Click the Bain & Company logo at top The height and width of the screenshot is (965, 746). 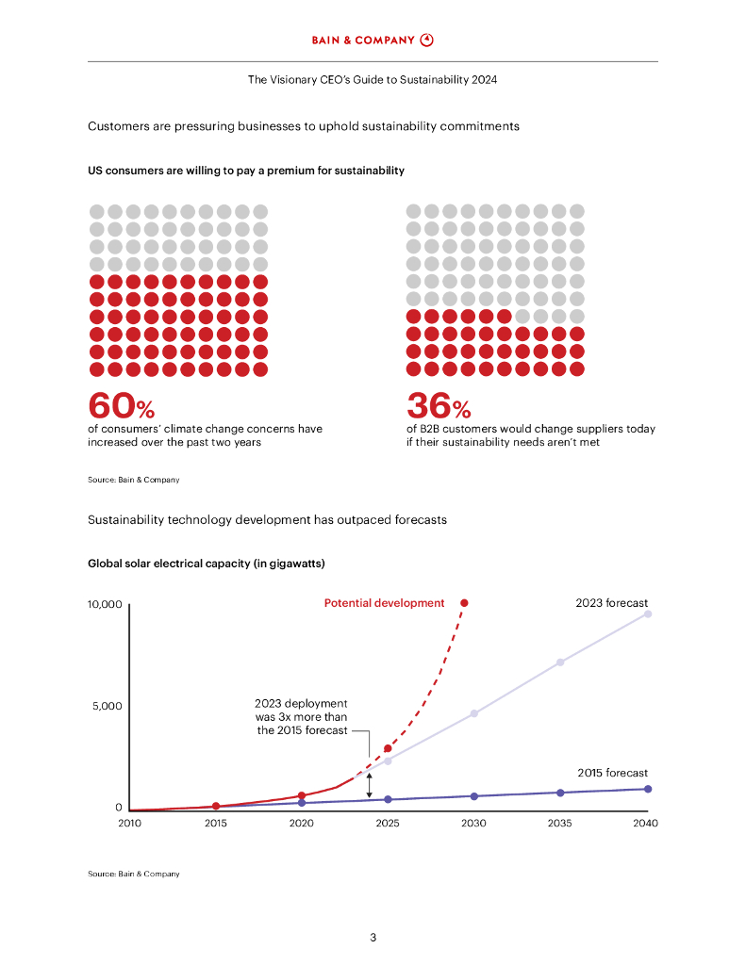pyautogui.click(x=373, y=40)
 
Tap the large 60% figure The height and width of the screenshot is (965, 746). pyautogui.click(x=121, y=405)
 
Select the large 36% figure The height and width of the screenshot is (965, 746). pyautogui.click(x=439, y=405)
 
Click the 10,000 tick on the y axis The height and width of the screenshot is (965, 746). pyautogui.click(x=105, y=604)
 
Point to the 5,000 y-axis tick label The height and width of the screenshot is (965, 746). pyautogui.click(x=107, y=706)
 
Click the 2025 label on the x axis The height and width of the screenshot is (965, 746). pyautogui.click(x=388, y=824)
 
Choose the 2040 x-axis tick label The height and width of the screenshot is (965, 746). pyautogui.click(x=646, y=824)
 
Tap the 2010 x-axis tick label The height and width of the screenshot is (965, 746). pyautogui.click(x=129, y=824)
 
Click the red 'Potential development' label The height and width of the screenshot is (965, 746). pyautogui.click(x=384, y=603)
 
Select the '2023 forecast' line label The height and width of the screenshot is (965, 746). pyautogui.click(x=612, y=603)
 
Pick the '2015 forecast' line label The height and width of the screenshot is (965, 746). pyautogui.click(x=613, y=773)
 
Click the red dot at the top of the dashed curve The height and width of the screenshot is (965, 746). pyautogui.click(x=463, y=603)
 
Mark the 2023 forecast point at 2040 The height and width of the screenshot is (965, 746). pyautogui.click(x=647, y=613)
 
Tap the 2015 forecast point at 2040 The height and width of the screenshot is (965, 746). pyautogui.click(x=647, y=789)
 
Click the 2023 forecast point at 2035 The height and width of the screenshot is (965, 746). pyautogui.click(x=560, y=662)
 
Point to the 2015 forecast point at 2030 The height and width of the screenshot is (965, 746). pyautogui.click(x=473, y=796)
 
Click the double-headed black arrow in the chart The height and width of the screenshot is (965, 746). pyautogui.click(x=369, y=786)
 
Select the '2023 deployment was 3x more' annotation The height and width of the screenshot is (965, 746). pyautogui.click(x=302, y=716)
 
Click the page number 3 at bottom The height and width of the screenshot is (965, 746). pyautogui.click(x=373, y=938)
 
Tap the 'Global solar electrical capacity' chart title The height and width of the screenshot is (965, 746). pyautogui.click(x=207, y=564)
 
